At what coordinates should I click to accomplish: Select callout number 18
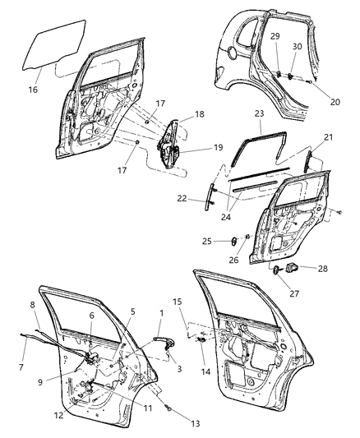click(198, 116)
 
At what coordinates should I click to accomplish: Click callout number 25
click(207, 241)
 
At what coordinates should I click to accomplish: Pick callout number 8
click(33, 306)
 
